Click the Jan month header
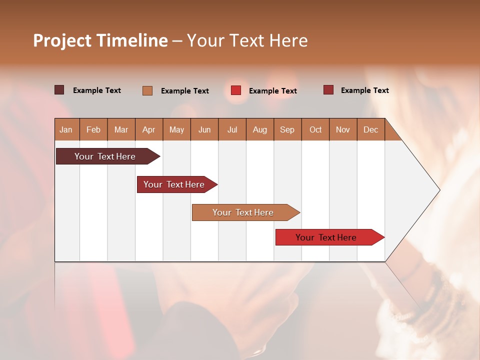click(66, 129)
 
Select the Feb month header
click(93, 129)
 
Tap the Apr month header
click(149, 129)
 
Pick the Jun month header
click(204, 129)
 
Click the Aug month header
click(260, 129)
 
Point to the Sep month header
click(287, 129)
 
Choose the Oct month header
click(315, 129)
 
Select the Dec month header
click(371, 129)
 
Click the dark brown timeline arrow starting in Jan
click(105, 156)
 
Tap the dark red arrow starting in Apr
click(174, 184)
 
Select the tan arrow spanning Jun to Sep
click(243, 212)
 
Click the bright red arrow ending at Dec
click(326, 237)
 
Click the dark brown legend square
click(59, 90)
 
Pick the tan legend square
click(147, 90)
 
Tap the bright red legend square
click(236, 90)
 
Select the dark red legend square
click(328, 90)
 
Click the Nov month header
click(343, 129)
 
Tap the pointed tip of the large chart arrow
click(438, 190)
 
